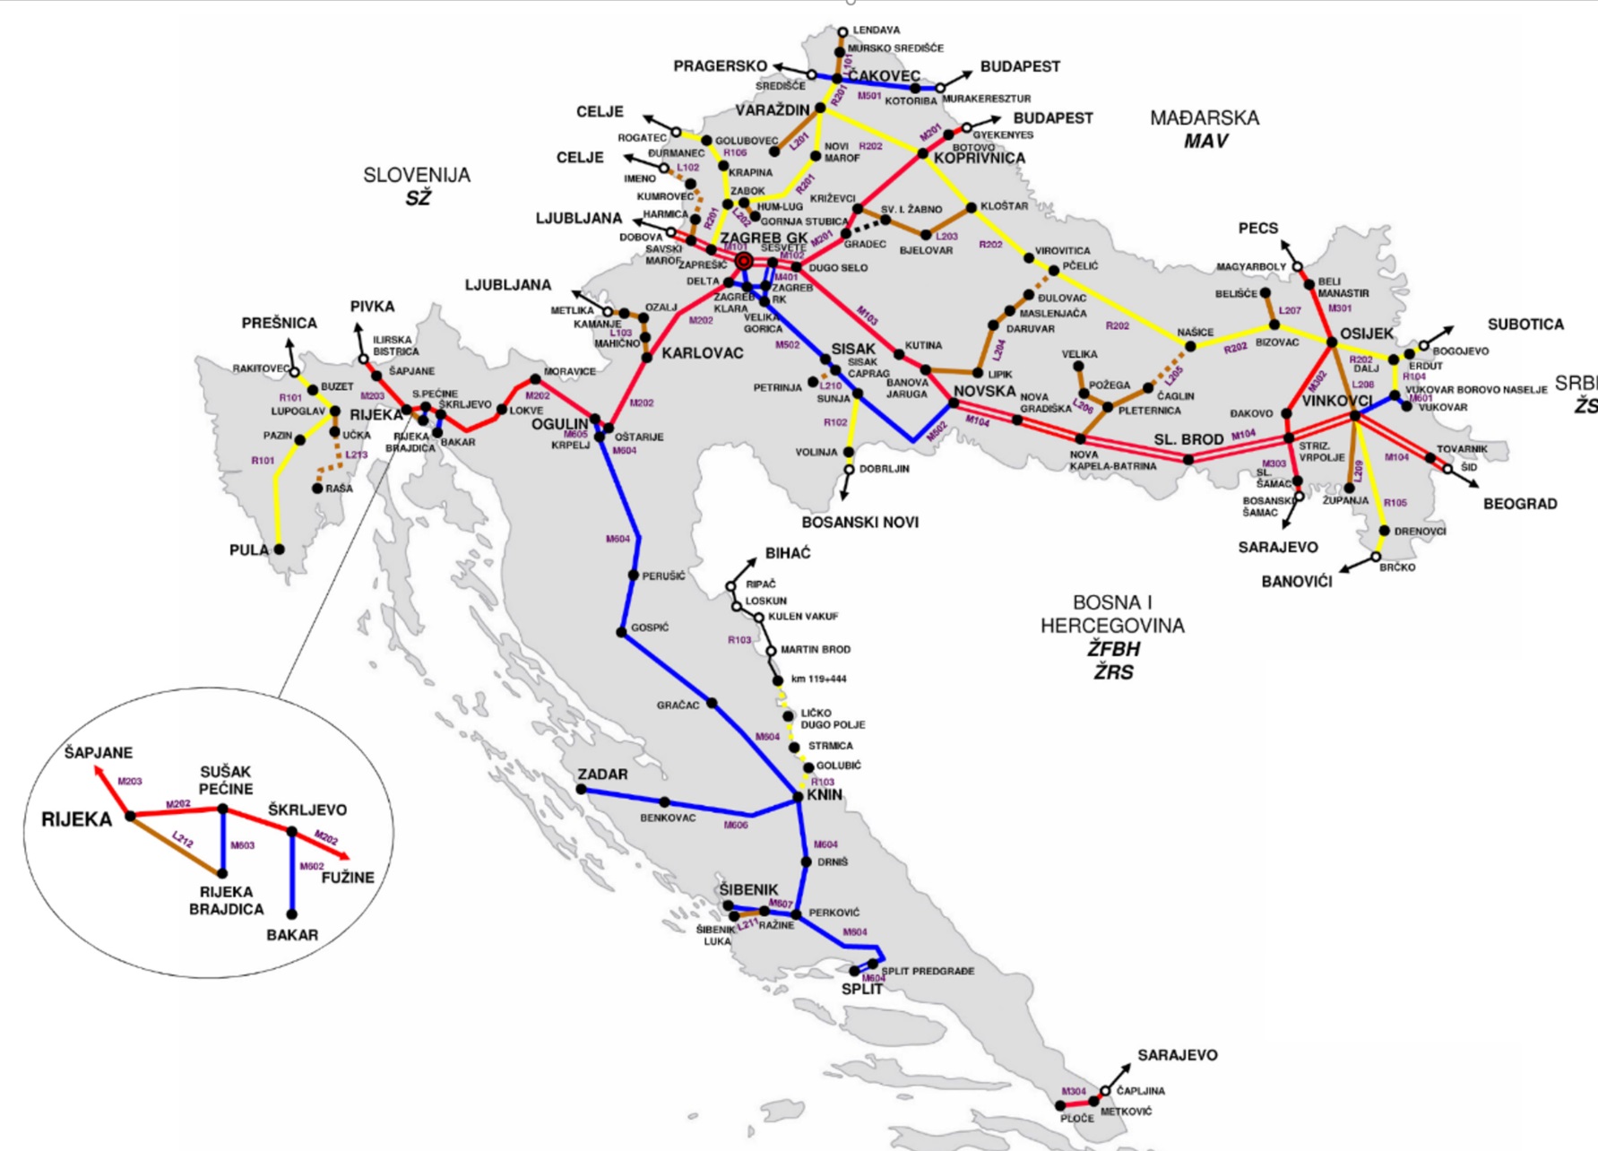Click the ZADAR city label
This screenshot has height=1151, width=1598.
[602, 774]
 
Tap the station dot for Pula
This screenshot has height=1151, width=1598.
[279, 550]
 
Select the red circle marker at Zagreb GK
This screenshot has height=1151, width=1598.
[744, 261]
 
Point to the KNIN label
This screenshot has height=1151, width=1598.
[825, 794]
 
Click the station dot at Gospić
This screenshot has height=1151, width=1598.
[621, 632]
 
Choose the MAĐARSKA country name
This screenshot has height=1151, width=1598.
[1205, 117]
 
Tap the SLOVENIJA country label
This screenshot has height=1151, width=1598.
[417, 175]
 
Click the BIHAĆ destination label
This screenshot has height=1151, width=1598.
[788, 553]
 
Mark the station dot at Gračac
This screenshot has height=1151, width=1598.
[712, 704]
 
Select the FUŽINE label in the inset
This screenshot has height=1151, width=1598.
[348, 878]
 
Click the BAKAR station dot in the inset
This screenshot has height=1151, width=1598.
[292, 914]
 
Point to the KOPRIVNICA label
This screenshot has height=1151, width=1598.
[979, 158]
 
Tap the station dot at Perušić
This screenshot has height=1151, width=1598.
[634, 575]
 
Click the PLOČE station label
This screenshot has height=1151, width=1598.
[1076, 1119]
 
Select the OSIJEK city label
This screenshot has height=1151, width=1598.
[1367, 333]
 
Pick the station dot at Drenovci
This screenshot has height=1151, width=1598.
[1384, 531]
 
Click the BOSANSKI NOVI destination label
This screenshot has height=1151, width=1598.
[859, 522]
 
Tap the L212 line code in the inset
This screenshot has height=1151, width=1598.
[183, 840]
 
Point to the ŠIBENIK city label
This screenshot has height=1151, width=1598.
[748, 889]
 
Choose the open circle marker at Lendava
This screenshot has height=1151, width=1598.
[842, 32]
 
